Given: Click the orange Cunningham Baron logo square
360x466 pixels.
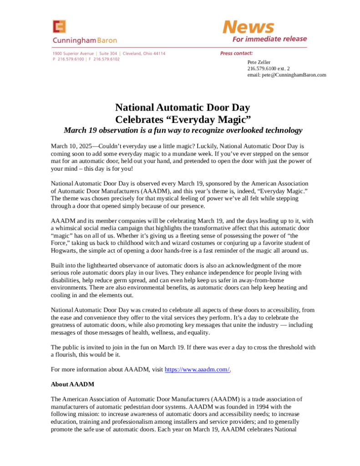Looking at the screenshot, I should (x=59, y=27).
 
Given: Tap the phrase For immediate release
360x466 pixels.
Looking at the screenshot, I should (x=269, y=39).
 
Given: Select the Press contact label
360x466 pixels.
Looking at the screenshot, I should (x=236, y=54).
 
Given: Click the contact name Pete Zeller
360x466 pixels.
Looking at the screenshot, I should (x=259, y=62).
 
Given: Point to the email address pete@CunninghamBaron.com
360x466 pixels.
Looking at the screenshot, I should (x=287, y=75).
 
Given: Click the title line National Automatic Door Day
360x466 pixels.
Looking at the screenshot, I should (x=183, y=108).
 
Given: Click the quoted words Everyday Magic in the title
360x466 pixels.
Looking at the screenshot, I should (x=207, y=120).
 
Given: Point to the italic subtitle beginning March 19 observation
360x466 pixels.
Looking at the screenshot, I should (x=183, y=131).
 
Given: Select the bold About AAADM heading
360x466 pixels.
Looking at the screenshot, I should (x=72, y=384).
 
